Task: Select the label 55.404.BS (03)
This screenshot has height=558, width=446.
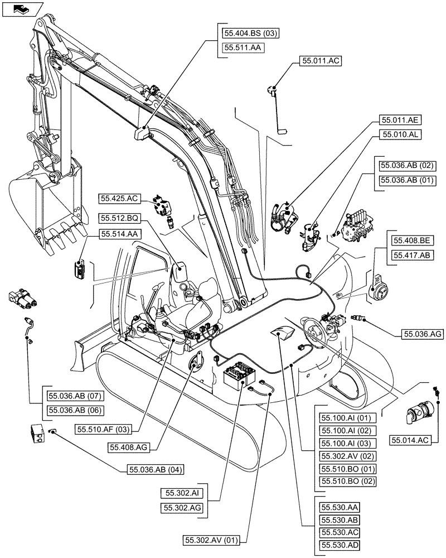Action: pyautogui.click(x=251, y=34)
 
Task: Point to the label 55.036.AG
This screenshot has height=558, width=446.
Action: pyautogui.click(x=421, y=334)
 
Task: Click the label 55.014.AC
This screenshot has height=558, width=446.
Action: pyautogui.click(x=410, y=440)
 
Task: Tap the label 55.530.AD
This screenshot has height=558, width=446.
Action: pyautogui.click(x=338, y=544)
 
